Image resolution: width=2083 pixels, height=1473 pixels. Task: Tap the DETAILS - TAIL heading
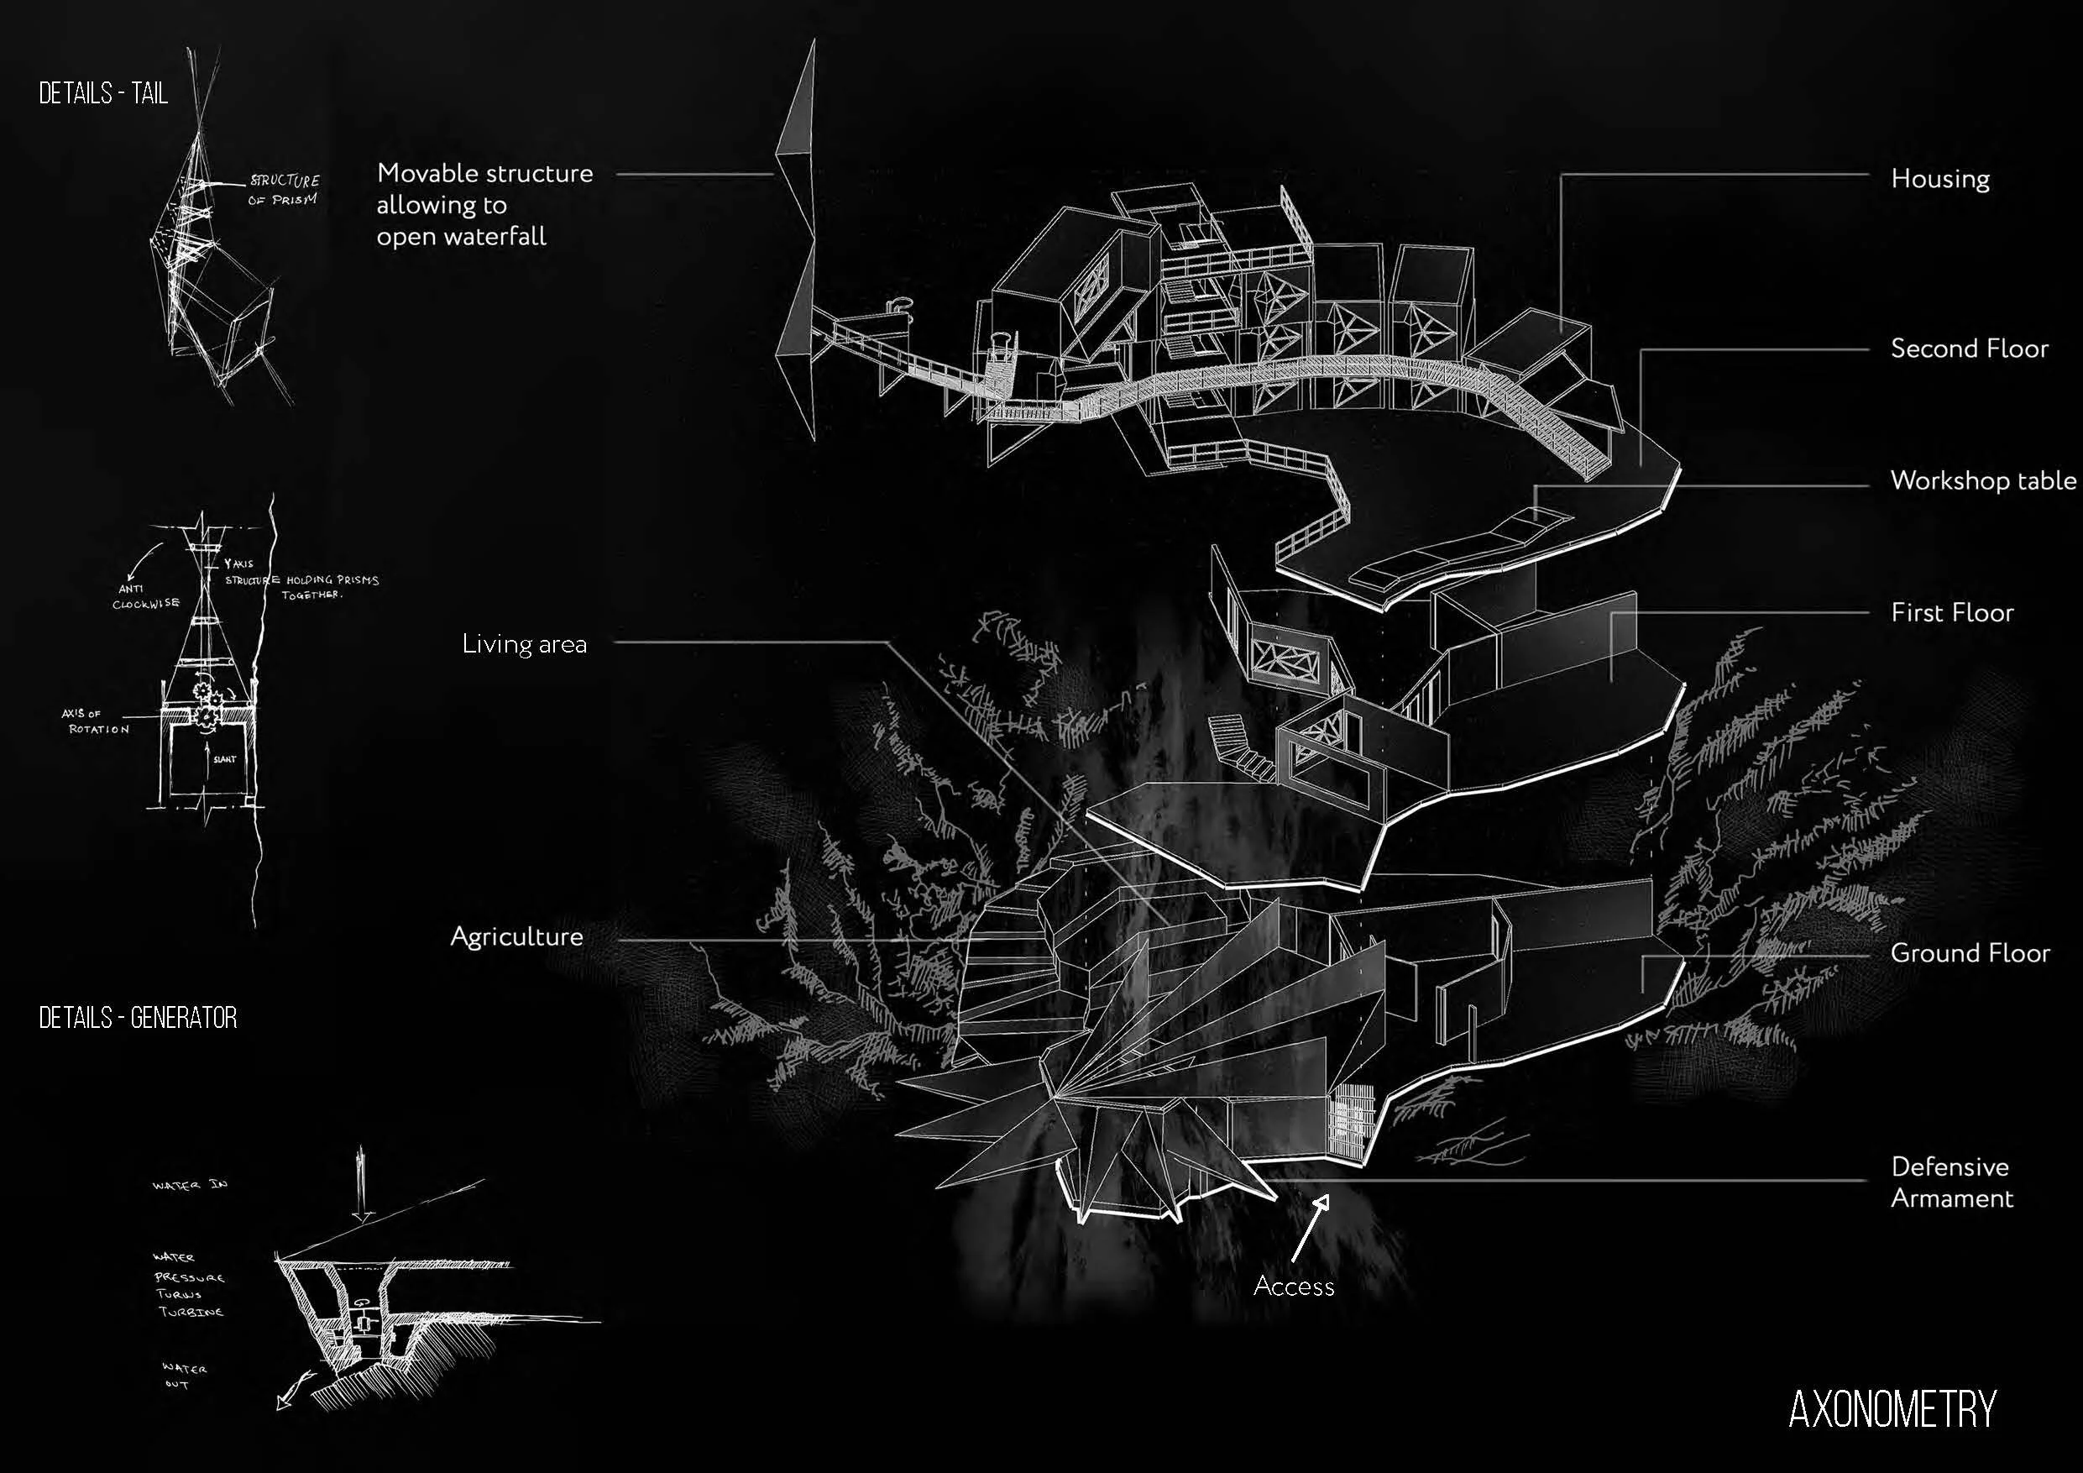tap(103, 93)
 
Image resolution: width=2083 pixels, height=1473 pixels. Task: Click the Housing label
tap(1939, 179)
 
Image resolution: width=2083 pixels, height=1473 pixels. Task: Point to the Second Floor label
tap(1969, 349)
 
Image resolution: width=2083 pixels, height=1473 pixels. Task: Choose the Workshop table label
tap(1982, 480)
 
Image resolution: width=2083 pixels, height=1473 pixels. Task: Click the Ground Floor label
tap(1970, 953)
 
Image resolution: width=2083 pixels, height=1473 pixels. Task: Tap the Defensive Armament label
tap(1950, 1182)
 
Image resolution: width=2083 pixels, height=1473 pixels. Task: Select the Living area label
tap(525, 644)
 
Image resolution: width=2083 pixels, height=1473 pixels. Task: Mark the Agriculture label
tap(516, 936)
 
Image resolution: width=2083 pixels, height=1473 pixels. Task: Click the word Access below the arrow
tap(1294, 1286)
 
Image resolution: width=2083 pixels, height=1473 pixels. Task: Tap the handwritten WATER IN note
tap(190, 1185)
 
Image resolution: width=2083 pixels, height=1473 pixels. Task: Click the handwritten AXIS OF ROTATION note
tap(95, 721)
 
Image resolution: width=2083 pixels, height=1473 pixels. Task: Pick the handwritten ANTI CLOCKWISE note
tap(145, 596)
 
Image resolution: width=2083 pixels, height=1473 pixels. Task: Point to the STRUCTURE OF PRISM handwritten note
tap(283, 190)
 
